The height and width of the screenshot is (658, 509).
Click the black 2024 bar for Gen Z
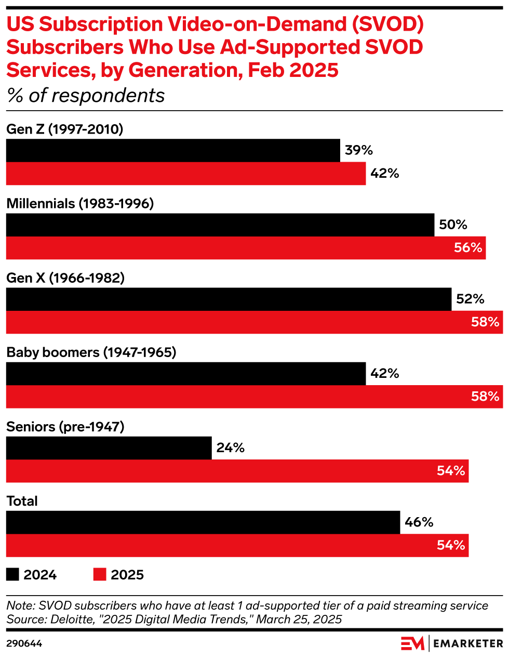(173, 151)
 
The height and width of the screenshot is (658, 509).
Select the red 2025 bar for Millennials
(246, 248)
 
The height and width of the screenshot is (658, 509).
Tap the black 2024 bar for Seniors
(109, 448)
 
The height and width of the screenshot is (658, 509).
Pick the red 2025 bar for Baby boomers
(254, 397)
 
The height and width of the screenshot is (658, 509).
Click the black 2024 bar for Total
(203, 522)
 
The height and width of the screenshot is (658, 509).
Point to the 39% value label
(359, 151)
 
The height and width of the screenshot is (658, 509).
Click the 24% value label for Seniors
(230, 448)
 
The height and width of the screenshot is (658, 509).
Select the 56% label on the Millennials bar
(468, 248)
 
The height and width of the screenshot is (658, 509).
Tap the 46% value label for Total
(419, 522)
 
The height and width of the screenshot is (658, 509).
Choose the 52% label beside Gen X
(470, 299)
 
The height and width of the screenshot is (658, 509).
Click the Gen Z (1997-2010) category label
(65, 129)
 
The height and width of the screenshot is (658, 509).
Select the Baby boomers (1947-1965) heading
(91, 352)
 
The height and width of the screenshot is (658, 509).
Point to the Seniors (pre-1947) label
(65, 427)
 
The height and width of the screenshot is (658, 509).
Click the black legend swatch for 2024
(12, 574)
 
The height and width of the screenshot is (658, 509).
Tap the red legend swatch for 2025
(100, 574)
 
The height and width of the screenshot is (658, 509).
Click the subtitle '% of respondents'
(86, 96)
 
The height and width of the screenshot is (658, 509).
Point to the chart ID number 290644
(24, 644)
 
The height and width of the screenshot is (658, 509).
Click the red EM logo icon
(412, 643)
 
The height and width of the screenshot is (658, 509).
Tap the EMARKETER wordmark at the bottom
(468, 643)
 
